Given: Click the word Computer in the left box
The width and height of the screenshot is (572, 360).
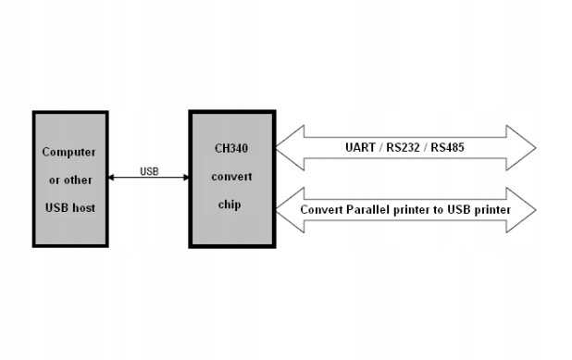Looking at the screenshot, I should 70,152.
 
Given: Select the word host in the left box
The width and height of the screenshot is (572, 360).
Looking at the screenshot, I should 83,207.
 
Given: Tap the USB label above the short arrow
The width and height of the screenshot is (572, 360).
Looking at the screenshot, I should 149,170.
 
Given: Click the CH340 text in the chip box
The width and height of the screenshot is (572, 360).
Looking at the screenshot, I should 230,147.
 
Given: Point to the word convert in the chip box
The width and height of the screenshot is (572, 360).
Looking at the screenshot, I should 230,176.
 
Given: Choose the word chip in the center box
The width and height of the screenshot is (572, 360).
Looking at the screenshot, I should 230,205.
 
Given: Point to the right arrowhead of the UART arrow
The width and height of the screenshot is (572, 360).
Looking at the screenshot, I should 523,148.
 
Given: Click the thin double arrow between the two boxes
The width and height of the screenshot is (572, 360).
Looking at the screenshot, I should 149,178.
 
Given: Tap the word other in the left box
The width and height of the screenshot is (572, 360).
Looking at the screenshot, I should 78,180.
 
